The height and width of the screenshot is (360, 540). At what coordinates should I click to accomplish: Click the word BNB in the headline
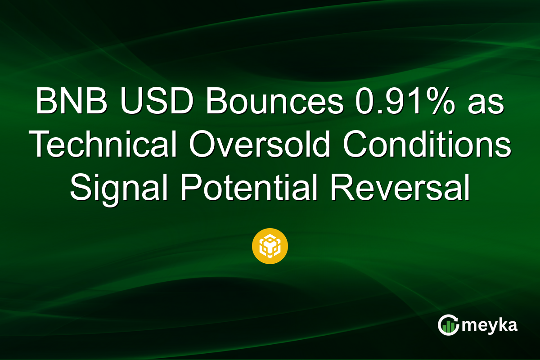(72, 103)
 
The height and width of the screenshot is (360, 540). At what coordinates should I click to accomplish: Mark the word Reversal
(400, 188)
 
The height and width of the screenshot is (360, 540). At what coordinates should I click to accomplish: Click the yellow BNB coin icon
(270, 246)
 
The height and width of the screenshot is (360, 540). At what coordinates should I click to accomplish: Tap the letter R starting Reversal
(341, 188)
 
